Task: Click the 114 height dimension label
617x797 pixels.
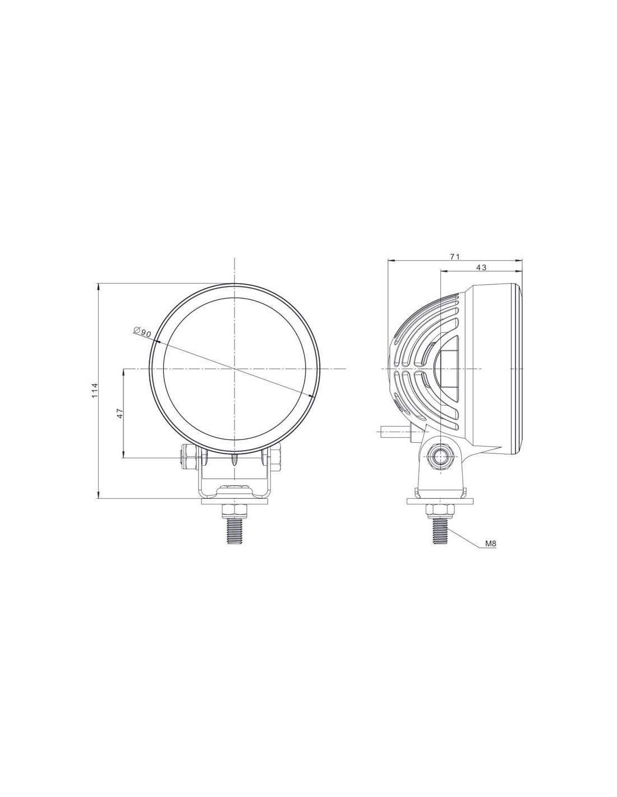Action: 95,391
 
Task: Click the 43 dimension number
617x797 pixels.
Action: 481,268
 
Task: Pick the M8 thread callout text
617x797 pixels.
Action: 491,544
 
